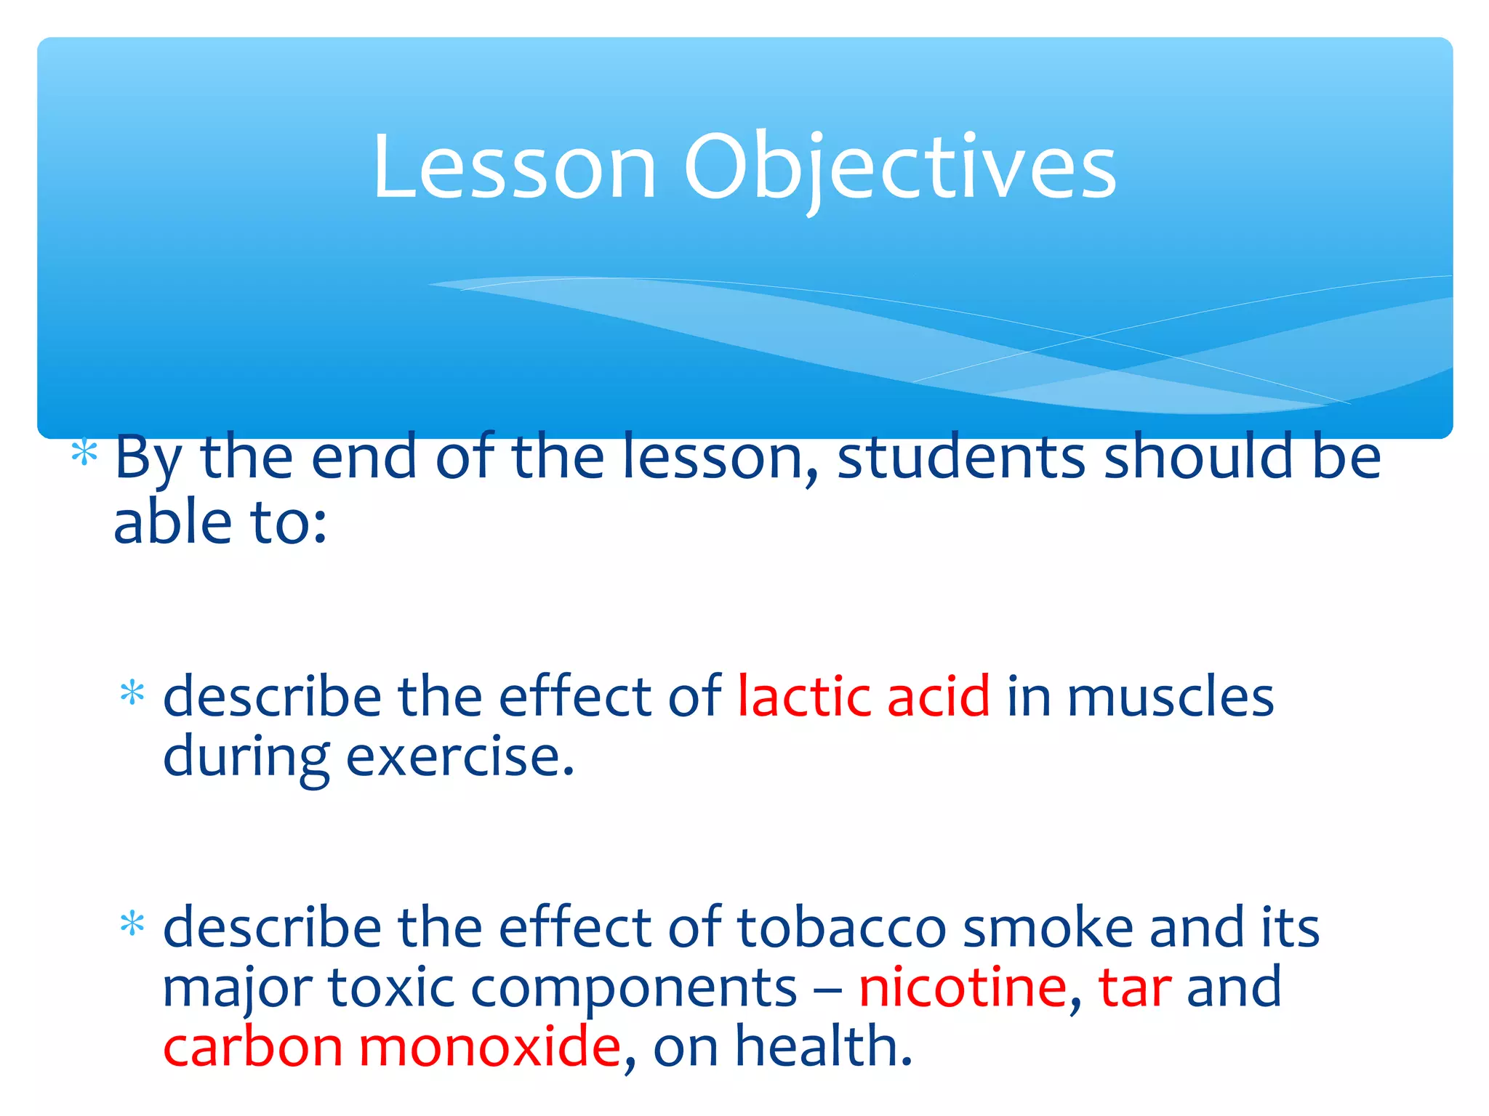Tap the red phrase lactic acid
click(863, 696)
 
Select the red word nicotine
click(962, 987)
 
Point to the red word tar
click(1134, 987)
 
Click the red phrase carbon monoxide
click(392, 1047)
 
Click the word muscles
click(1170, 696)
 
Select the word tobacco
click(841, 928)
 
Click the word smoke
click(1048, 928)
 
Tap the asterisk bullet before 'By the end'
click(84, 453)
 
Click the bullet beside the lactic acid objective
click(132, 693)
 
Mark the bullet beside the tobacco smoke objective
click(132, 924)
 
